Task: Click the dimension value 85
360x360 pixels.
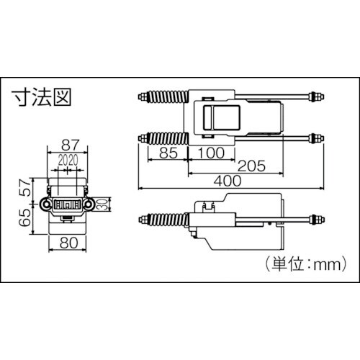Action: [x=168, y=152]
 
